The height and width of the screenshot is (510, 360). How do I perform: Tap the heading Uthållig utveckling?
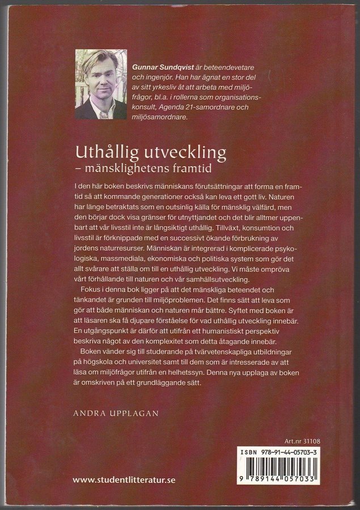click(x=150, y=153)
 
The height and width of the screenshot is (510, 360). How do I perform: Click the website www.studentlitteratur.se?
click(x=124, y=479)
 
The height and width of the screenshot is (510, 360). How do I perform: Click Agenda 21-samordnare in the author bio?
click(x=202, y=107)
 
